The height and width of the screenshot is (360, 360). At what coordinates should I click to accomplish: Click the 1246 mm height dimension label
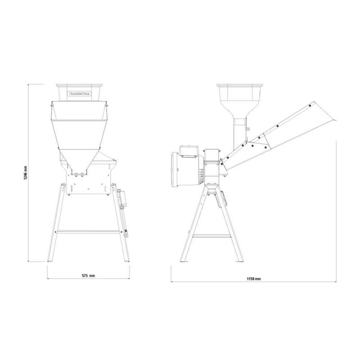[x=26, y=173]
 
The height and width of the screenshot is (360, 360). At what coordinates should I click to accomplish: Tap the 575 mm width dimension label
[x=88, y=275]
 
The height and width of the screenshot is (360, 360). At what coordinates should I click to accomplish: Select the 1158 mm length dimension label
[x=254, y=279]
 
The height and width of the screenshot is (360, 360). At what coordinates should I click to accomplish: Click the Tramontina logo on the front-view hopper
[x=79, y=94]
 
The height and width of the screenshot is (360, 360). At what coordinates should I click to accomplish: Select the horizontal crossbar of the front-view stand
[x=89, y=232]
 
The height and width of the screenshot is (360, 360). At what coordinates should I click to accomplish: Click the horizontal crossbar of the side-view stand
[x=211, y=236]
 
